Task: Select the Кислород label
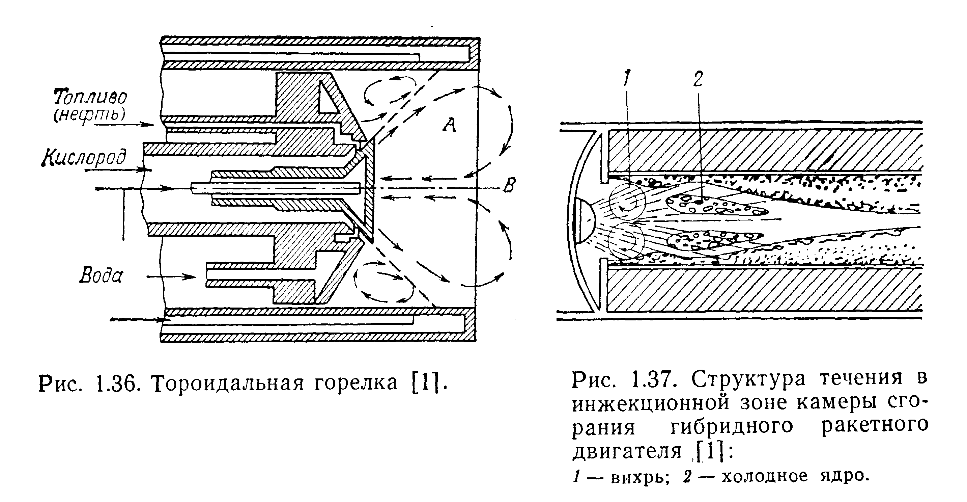(x=84, y=157)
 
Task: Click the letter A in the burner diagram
(x=449, y=125)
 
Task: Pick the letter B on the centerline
(x=509, y=185)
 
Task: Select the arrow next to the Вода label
(x=171, y=277)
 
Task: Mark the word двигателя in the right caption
(x=627, y=451)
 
